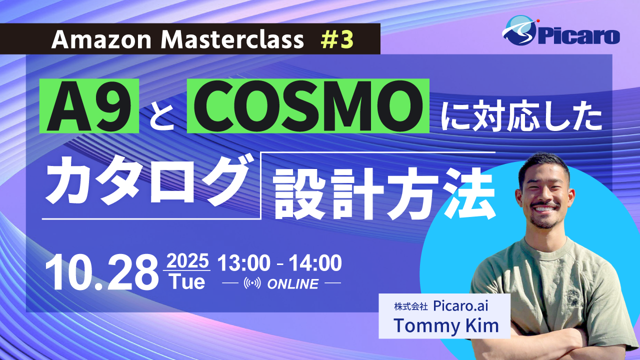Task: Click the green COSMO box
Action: click(308, 106)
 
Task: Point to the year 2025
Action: click(187, 261)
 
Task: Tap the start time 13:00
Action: click(243, 263)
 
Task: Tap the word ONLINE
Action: click(293, 284)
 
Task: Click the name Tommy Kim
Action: click(446, 325)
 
